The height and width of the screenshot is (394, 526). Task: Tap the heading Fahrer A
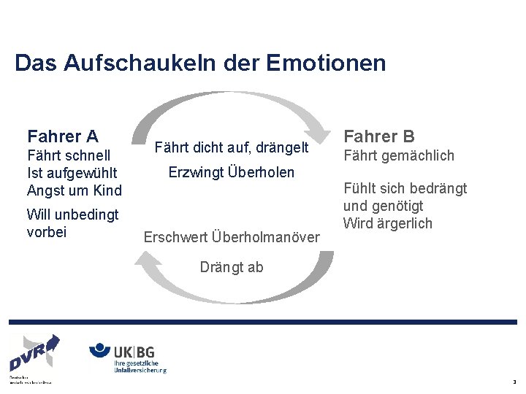(x=63, y=136)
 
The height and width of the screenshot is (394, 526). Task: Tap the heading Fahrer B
(x=379, y=136)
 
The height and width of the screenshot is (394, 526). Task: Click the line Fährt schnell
(x=69, y=155)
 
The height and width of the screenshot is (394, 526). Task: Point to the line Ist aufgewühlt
(x=72, y=173)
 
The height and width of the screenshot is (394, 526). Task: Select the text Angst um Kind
(x=74, y=190)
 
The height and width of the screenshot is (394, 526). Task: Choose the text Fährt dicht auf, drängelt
(x=232, y=149)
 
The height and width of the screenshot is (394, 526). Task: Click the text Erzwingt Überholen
(x=232, y=173)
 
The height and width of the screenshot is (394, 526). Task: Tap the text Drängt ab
(x=232, y=267)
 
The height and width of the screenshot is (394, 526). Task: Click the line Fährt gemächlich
(x=399, y=155)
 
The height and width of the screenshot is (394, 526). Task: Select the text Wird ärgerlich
(x=388, y=223)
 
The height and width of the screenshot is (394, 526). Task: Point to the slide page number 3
(x=514, y=382)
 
